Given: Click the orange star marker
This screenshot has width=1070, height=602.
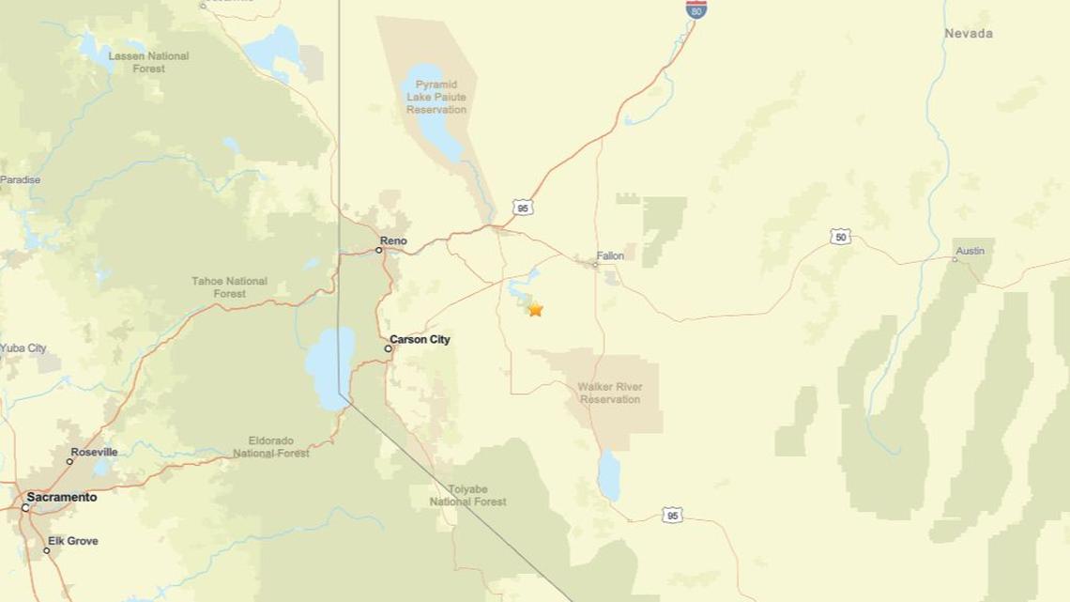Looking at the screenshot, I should coord(535,309).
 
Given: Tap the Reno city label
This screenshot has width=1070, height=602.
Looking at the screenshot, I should coord(393,241).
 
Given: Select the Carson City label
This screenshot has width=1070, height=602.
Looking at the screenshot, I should coord(420,340).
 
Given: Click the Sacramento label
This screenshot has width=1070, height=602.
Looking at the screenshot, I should coord(61,498).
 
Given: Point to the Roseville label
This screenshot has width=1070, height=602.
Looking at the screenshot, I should coord(94,453).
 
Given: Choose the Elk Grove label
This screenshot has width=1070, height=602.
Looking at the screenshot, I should coord(75,542).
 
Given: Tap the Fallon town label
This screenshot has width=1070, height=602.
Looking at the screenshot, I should coord(610,255).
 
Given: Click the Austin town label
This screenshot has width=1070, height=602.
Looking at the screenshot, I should coord(970,251).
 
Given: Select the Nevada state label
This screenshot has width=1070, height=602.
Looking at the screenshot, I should coord(968,34).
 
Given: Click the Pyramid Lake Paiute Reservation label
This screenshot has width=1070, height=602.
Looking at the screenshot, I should coord(436,97).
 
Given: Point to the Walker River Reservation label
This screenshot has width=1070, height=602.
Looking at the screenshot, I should coord(610,393).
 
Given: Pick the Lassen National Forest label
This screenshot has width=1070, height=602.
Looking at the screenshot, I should coord(148,62).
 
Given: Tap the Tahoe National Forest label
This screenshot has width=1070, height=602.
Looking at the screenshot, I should coord(229,286).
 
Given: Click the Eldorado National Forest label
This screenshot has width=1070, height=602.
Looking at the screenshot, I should coord(271,446).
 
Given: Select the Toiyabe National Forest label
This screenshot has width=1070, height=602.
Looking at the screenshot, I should coord(467,495).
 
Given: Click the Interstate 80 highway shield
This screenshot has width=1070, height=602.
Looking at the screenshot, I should coord(695,9).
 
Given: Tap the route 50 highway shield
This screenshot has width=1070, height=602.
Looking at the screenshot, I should coord(840,237).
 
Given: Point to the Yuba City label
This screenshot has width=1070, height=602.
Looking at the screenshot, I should coord(23,348).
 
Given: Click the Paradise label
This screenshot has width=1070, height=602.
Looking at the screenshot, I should coord(20,179).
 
